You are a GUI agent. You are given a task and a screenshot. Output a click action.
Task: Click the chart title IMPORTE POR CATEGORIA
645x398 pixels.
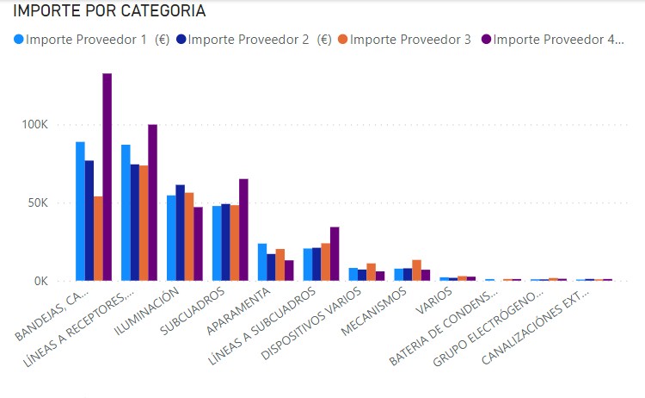click(108, 12)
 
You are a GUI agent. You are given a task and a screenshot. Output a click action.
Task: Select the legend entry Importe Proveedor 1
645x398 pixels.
click(87, 39)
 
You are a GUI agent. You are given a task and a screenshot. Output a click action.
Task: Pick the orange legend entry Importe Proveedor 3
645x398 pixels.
click(404, 39)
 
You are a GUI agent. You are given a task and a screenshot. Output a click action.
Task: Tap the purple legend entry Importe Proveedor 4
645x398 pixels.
click(554, 39)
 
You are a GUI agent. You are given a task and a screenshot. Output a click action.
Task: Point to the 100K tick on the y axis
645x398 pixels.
click(35, 125)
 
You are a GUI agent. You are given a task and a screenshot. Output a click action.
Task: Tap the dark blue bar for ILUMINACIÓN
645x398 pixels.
click(180, 233)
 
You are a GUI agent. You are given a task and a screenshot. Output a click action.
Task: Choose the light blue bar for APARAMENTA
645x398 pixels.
click(262, 262)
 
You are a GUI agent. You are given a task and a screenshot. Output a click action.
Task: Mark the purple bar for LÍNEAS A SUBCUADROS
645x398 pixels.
click(335, 254)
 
